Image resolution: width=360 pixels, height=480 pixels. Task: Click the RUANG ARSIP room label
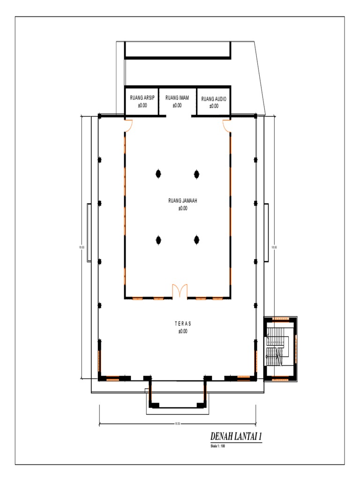pos(142,98)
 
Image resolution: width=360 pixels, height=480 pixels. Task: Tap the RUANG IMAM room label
pos(177,98)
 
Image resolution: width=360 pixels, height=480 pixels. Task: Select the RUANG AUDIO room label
pos(214,99)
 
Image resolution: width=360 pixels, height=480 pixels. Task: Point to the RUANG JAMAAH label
pos(182,201)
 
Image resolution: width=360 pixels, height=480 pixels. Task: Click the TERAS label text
pos(183,323)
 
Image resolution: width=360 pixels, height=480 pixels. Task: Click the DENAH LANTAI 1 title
pos(236,436)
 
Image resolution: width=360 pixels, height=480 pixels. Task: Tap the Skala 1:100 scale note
pos(218,446)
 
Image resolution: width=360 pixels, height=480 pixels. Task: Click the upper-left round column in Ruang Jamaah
pos(158,174)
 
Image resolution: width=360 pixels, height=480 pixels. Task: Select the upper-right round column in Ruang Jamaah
pos(197,174)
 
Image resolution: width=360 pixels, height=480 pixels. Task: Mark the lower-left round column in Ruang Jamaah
pos(158,240)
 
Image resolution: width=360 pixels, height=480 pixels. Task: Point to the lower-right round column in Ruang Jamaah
pos(197,240)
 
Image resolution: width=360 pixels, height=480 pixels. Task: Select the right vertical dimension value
pos(275,247)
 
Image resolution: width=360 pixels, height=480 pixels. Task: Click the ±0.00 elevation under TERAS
pos(183,331)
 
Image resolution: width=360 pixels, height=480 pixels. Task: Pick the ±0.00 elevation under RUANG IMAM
pos(177,105)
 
